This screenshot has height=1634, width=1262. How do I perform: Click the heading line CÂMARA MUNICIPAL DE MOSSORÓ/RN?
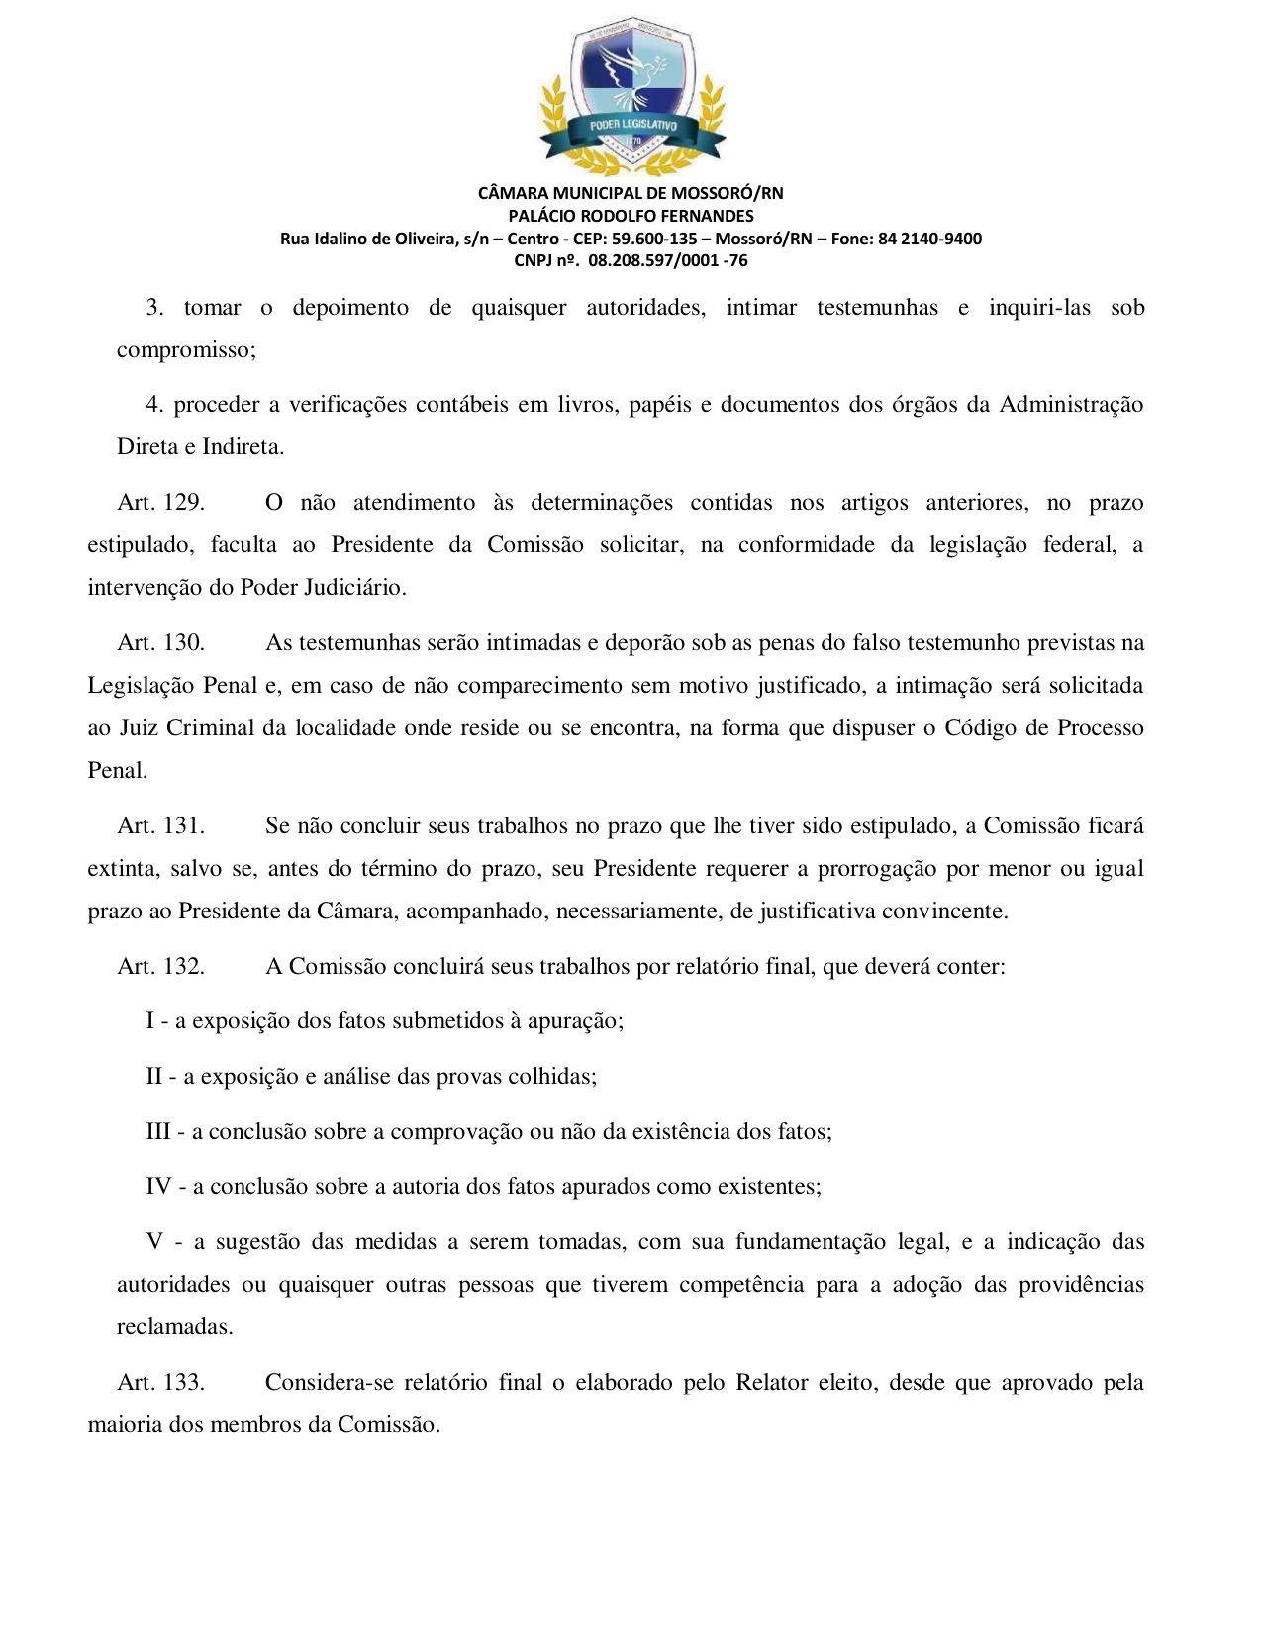(631, 193)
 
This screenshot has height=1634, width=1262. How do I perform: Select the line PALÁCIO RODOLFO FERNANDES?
(631, 216)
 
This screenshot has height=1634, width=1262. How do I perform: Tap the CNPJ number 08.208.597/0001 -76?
(667, 261)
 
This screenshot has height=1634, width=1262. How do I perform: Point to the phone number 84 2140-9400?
(929, 239)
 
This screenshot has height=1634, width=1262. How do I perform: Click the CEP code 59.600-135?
(654, 239)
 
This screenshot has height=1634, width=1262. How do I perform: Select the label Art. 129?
(160, 503)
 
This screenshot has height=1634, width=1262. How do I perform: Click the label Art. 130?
(160, 643)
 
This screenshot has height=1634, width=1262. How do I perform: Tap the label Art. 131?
(160, 826)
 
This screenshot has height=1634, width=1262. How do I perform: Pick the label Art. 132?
(160, 967)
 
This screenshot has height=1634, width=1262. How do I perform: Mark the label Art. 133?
(160, 1383)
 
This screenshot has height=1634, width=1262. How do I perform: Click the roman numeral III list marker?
(158, 1132)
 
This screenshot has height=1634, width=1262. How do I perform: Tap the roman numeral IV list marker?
(158, 1187)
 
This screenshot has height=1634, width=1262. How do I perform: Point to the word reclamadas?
(173, 1327)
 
